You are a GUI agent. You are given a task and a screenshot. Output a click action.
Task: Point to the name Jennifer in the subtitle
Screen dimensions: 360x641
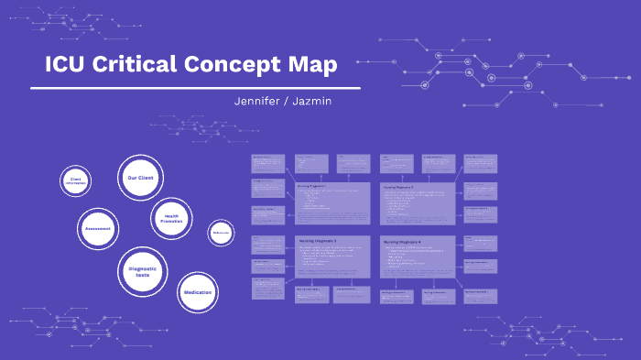point(260,100)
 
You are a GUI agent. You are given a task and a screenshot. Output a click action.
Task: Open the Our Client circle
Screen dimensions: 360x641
point(140,177)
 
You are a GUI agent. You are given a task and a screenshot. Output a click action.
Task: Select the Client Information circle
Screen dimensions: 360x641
point(75,181)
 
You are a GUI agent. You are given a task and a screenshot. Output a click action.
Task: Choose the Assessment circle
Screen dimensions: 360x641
point(98,228)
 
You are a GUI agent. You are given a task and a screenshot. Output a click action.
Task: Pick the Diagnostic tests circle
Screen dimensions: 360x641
point(142,272)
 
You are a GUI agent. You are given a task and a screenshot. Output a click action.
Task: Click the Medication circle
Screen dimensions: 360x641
point(198,292)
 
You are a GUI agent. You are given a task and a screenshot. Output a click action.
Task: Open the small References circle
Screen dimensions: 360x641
point(221,234)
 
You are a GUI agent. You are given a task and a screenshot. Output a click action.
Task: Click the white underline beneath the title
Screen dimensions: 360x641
point(195,88)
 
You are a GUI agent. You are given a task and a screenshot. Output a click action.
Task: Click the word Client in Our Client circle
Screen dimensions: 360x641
point(147,177)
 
